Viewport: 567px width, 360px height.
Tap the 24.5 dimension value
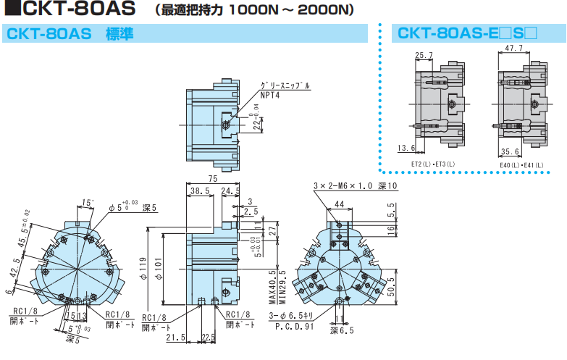point(230,191)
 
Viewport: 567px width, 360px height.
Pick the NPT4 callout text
point(270,95)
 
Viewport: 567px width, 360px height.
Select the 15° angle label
point(88,202)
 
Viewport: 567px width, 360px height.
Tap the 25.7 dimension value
point(424,55)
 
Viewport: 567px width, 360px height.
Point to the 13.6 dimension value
point(407,148)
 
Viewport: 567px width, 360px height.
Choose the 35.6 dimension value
point(511,152)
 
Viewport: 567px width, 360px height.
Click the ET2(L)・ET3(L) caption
point(433,164)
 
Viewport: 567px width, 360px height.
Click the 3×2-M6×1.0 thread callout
point(356,185)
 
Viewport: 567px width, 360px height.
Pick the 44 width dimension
point(339,206)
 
